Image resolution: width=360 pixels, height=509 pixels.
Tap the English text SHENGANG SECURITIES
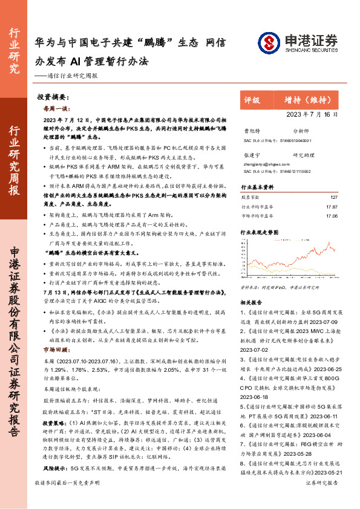[307, 51]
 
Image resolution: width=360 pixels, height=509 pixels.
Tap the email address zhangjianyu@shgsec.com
[263, 163]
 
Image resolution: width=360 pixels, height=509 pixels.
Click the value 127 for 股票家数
[333, 197]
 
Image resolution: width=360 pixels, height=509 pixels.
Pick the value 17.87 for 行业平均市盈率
[332, 206]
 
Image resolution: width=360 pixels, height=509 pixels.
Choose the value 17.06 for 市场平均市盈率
[332, 215]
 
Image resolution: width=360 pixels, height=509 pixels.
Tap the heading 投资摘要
[51, 96]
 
